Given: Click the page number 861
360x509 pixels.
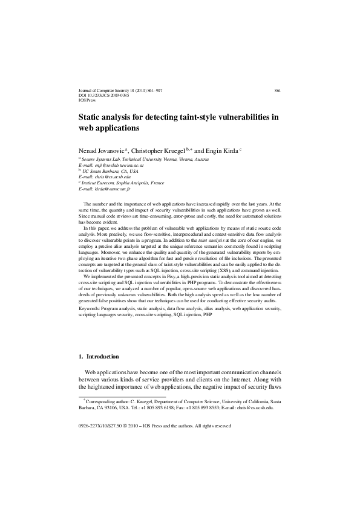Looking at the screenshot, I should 277,89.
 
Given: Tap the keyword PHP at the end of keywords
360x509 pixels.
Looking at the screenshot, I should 208,315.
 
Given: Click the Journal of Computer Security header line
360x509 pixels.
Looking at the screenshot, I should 120,89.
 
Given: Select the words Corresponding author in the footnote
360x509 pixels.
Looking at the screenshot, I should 109,401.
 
